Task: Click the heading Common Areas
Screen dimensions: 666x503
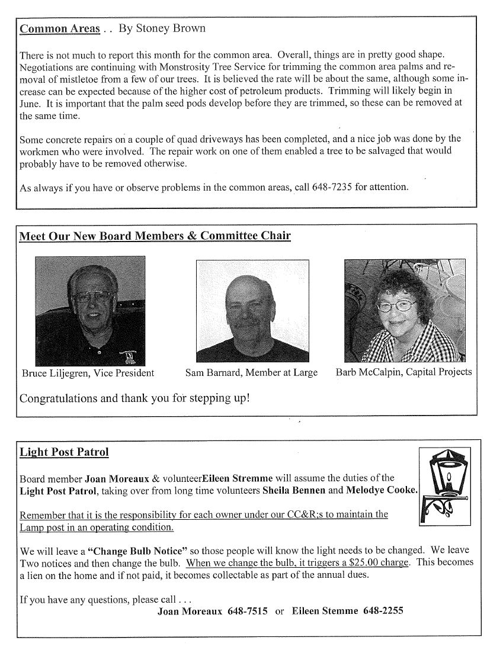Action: point(59,29)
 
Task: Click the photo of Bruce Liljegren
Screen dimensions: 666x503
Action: point(90,311)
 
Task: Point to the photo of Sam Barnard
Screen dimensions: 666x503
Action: point(252,311)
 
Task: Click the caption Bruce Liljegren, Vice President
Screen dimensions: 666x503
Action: point(88,373)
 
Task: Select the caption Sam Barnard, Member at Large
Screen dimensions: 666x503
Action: point(251,373)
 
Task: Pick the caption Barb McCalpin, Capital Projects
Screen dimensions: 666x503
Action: point(403,372)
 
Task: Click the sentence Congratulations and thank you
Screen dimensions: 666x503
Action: point(134,398)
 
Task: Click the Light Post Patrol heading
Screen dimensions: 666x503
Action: point(64,452)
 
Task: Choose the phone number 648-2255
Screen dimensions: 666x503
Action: point(383,611)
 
